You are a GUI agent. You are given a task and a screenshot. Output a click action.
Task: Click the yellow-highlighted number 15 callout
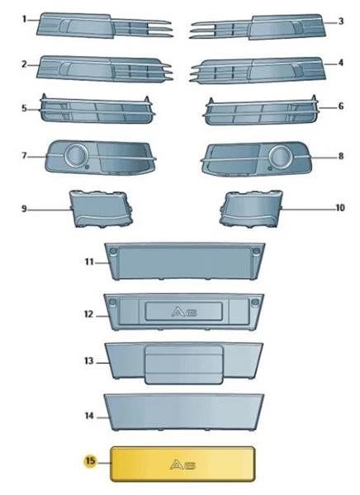tap(90, 460)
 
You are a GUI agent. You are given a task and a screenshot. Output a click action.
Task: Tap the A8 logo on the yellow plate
tap(183, 464)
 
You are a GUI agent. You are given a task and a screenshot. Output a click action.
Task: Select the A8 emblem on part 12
tap(184, 312)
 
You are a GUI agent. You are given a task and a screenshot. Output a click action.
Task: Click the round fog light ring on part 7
tap(76, 154)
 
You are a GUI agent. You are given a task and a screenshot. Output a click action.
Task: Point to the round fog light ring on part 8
tap(280, 156)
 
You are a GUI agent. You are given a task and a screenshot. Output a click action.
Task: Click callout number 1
tap(24, 19)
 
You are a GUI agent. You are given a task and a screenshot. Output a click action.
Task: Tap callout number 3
tap(340, 21)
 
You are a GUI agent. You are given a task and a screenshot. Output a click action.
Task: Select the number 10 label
tap(339, 208)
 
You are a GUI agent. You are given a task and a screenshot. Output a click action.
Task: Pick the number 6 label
tap(340, 106)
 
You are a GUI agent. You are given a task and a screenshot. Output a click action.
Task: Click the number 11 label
tap(89, 262)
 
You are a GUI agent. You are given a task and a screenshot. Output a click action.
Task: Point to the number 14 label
tap(89, 416)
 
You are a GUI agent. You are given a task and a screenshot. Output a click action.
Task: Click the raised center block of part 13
tap(183, 365)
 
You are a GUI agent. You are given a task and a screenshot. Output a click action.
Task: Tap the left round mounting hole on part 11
tap(112, 252)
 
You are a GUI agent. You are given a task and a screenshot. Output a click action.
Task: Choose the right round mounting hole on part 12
tap(255, 303)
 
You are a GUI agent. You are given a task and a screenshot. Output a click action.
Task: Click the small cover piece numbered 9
tap(101, 209)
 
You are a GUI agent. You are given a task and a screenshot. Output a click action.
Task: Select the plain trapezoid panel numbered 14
tap(184, 412)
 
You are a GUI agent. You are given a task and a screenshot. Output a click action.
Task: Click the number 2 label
tap(24, 64)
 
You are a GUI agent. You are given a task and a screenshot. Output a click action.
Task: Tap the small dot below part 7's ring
tap(88, 167)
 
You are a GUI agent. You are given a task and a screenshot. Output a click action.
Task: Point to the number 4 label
tap(340, 63)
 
